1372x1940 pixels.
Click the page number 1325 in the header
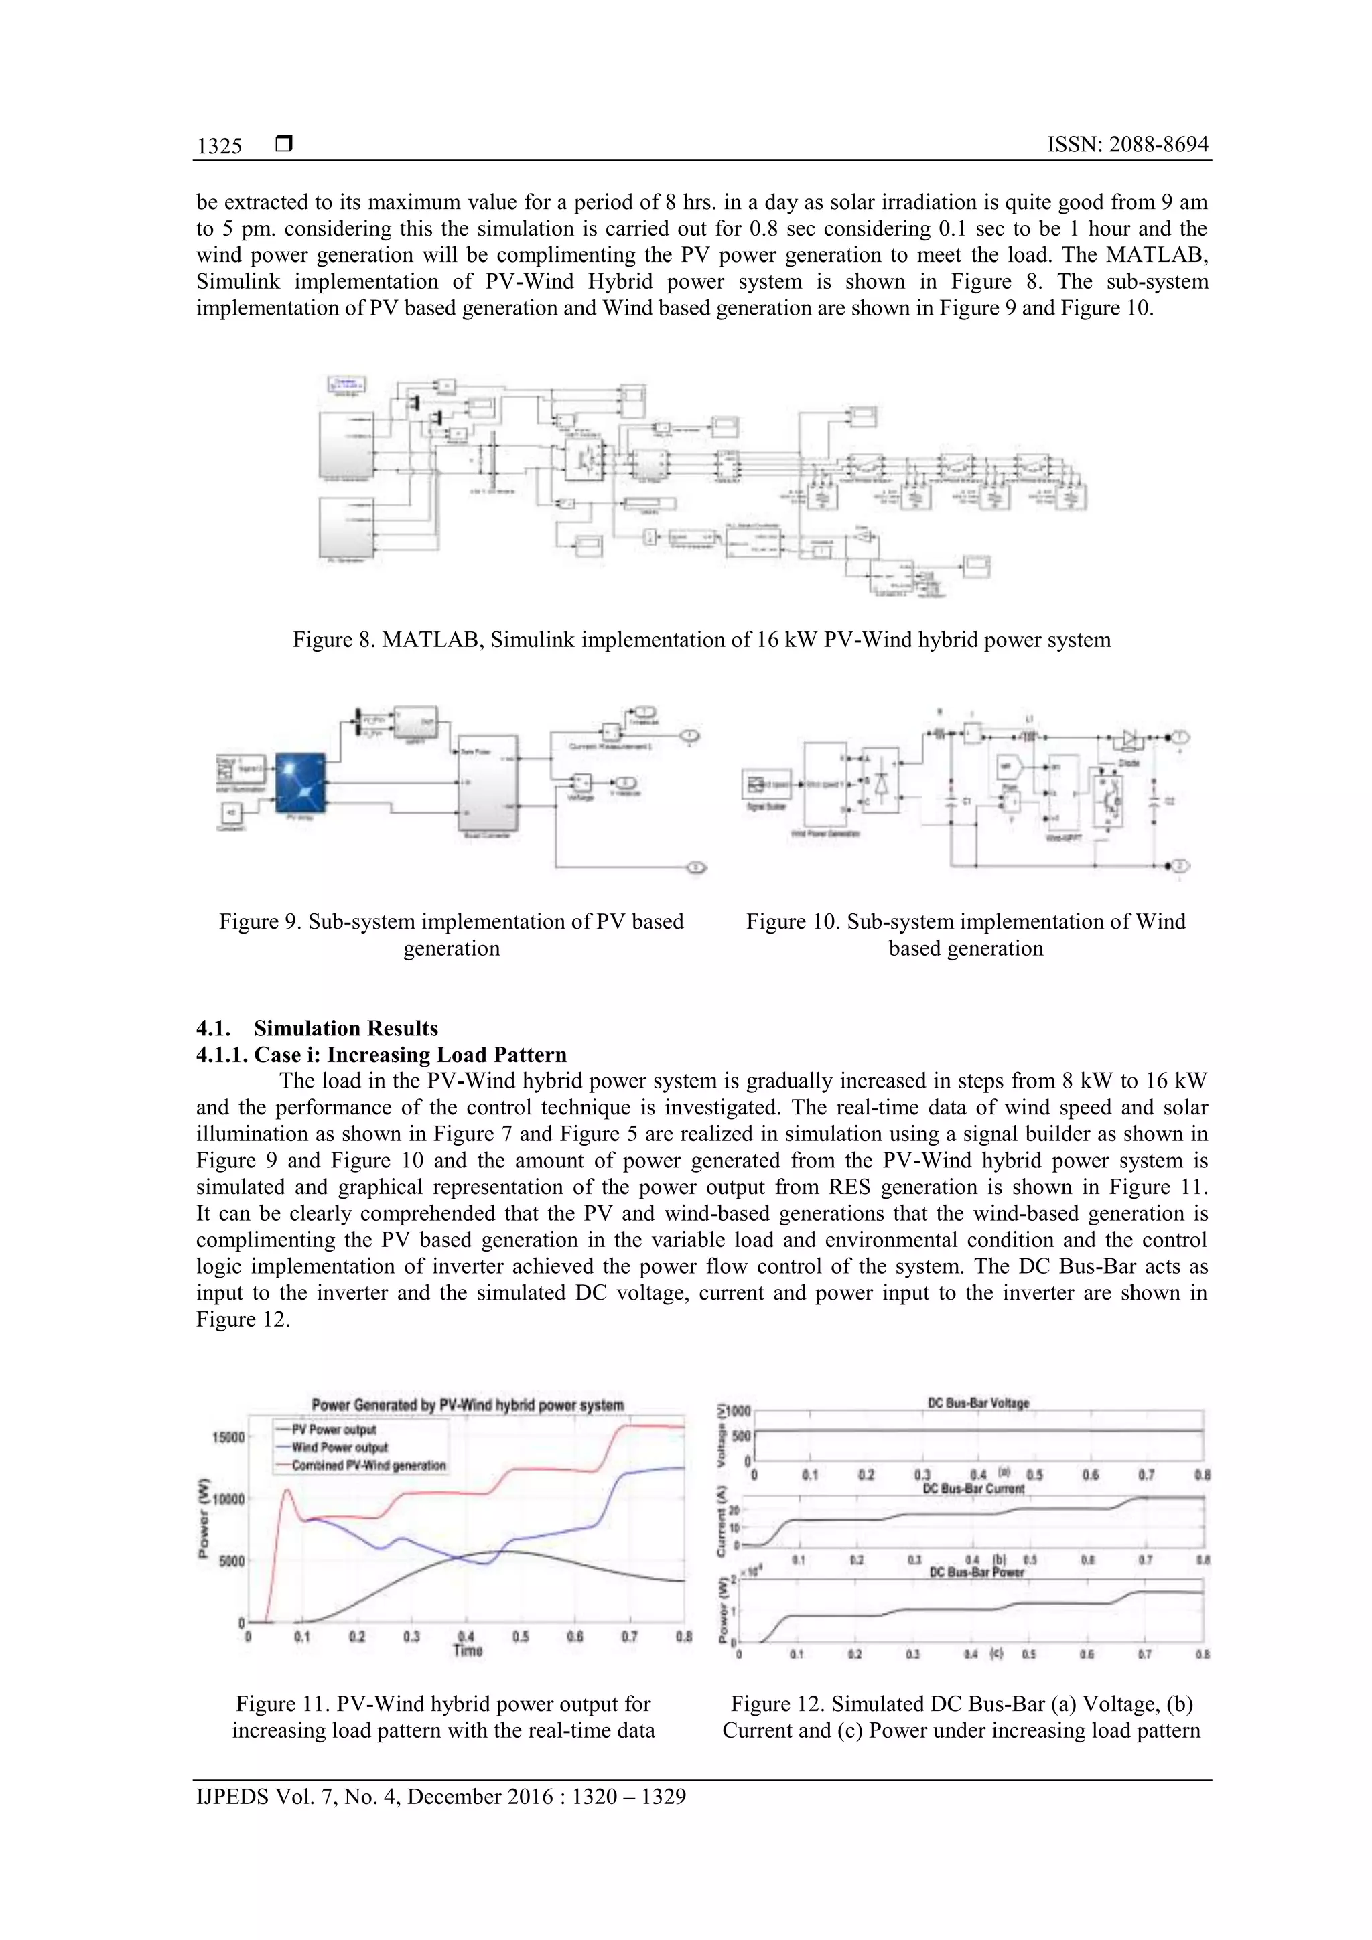tap(219, 146)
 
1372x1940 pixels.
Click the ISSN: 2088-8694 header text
tap(1127, 145)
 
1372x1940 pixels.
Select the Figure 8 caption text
tap(701, 640)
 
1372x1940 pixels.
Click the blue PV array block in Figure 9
tap(300, 781)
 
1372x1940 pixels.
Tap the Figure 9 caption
tap(452, 935)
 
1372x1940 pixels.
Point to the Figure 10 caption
tap(965, 935)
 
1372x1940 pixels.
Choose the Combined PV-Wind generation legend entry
tap(368, 1465)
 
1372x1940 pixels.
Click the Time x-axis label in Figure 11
tap(468, 1650)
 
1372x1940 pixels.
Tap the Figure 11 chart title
tap(468, 1405)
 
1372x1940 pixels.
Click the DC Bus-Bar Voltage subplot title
tap(978, 1403)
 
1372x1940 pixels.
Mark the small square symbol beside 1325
tap(284, 145)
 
